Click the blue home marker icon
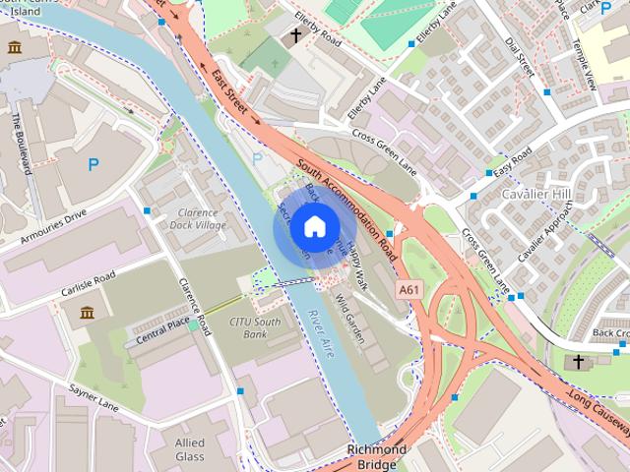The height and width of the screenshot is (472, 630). [x=313, y=227]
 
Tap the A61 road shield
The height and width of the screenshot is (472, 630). [x=410, y=289]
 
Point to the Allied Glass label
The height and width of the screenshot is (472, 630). [x=190, y=450]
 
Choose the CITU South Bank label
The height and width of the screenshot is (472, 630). [x=255, y=327]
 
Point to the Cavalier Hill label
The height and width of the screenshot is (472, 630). [x=537, y=193]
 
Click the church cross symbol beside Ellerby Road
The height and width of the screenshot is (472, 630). [x=295, y=37]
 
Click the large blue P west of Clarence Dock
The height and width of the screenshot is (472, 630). [x=94, y=165]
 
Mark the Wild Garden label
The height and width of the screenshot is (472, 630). [x=351, y=320]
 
